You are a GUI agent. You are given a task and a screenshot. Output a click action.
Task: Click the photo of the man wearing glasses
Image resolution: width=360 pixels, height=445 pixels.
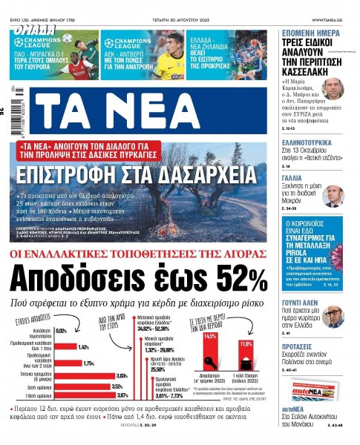(x=333, y=316)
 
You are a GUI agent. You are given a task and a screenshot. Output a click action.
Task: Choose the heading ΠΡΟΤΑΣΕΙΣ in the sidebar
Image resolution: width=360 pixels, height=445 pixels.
(x=298, y=355)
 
